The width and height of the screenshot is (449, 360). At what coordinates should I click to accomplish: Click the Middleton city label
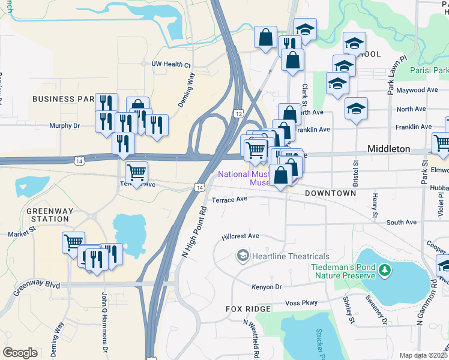pos(388,149)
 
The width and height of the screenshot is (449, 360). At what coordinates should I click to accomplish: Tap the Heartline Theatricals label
pos(291,256)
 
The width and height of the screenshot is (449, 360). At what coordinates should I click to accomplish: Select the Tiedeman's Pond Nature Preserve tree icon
pos(384,271)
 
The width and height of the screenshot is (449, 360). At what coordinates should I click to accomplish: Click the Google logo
pos(20,353)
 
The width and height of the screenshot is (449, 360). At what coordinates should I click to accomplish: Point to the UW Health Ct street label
pos(171,64)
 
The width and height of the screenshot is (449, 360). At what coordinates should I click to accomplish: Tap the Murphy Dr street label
pos(64,126)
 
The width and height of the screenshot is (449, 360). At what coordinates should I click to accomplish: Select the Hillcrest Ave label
pos(240,236)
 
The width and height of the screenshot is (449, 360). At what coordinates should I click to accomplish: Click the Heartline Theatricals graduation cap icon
pos(243,256)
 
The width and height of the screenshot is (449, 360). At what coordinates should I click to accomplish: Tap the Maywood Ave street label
pos(418,90)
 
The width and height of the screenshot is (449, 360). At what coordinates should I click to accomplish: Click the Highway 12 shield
pos(239,113)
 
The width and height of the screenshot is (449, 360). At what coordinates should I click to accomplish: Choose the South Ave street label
pos(402,222)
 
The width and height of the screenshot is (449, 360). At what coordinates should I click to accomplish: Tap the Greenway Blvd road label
pos(37,286)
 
